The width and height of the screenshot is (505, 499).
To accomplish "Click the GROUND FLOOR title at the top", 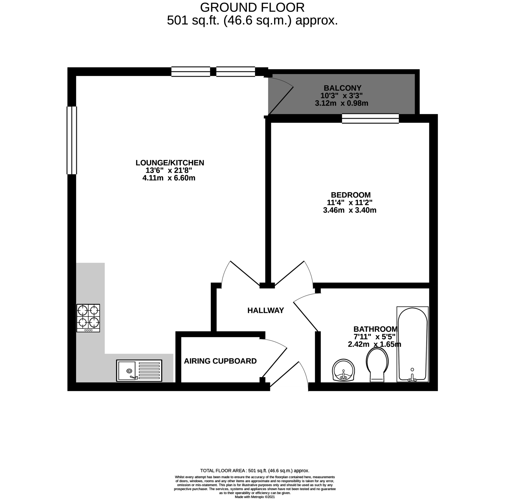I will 252,8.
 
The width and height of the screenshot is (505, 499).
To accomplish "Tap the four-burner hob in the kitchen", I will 88,318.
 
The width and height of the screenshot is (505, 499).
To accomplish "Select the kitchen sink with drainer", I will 139,370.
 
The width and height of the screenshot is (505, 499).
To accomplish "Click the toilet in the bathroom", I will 377,365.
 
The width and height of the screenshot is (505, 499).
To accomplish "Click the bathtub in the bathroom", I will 413,344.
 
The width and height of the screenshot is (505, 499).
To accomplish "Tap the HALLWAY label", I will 266,311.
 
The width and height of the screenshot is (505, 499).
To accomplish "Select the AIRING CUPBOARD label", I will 220,361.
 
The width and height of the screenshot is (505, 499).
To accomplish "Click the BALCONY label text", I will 343,88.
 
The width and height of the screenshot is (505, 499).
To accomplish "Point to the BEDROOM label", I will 351,195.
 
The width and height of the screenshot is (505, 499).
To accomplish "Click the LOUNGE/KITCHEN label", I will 170,163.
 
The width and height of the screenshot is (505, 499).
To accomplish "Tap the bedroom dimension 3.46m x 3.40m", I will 349,210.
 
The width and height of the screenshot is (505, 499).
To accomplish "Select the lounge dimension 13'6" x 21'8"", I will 169,171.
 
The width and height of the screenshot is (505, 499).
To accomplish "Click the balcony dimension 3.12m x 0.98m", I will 341,103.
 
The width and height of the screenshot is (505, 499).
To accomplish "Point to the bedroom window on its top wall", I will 370,118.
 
